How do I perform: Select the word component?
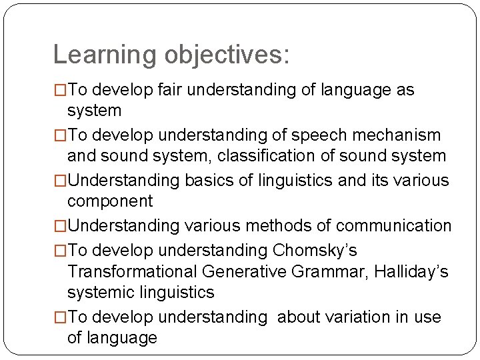[110, 201]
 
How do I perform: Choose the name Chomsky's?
[315, 251]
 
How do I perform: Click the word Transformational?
[133, 271]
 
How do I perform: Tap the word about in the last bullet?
[297, 317]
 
